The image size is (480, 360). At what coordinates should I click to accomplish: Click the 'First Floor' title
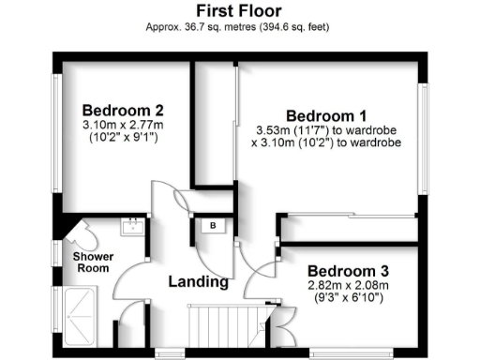click(x=239, y=10)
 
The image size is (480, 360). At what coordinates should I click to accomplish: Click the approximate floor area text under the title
click(x=239, y=27)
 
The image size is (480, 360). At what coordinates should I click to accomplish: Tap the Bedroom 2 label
click(x=122, y=107)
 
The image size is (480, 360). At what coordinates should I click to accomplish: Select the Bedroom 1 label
click(x=325, y=107)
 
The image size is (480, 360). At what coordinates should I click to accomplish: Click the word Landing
click(x=198, y=281)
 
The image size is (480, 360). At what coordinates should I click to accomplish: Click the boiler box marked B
click(x=213, y=226)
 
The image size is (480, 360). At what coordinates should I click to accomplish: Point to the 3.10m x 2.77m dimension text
click(x=122, y=124)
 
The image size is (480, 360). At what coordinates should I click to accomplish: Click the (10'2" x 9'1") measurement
click(x=122, y=139)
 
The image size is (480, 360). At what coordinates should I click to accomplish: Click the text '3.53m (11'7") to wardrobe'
click(x=325, y=128)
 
